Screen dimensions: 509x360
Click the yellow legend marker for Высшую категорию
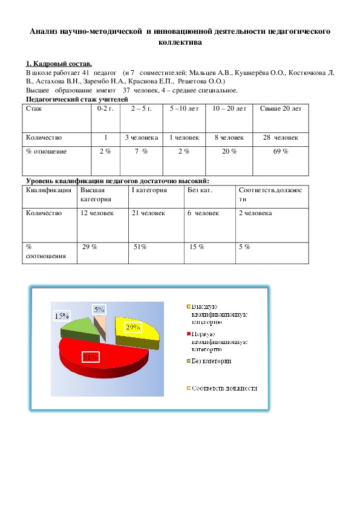(x=189, y=306)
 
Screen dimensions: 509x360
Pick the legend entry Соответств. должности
(x=224, y=389)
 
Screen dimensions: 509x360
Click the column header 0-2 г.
(x=105, y=108)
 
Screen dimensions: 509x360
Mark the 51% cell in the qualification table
(x=140, y=246)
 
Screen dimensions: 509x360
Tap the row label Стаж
(x=33, y=108)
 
